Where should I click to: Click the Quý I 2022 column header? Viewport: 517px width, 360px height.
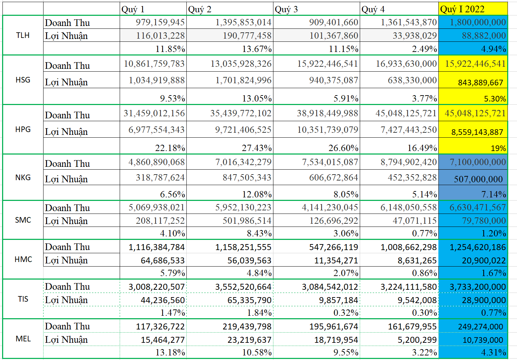tap(473, 9)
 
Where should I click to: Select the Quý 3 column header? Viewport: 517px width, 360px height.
tap(316, 9)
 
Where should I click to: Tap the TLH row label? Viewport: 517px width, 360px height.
tap(23, 35)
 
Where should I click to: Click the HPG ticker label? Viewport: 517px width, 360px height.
tap(23, 129)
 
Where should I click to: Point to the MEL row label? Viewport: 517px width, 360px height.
tap(23, 339)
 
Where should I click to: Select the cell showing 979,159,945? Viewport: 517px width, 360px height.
tap(153, 22)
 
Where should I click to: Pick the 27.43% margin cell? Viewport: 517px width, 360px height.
tap(230, 148)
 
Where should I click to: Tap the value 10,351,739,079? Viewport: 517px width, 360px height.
tap(317, 130)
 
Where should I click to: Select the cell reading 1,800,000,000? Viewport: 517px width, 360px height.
tap(473, 22)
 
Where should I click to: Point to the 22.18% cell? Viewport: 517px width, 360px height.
tap(153, 148)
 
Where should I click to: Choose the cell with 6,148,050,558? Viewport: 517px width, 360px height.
tap(399, 208)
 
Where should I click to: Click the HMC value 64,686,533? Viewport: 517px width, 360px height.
tap(153, 260)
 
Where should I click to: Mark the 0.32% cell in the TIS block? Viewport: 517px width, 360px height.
tap(317, 313)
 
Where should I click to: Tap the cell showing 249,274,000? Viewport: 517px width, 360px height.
tap(473, 327)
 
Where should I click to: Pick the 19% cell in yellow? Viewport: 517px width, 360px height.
tap(473, 148)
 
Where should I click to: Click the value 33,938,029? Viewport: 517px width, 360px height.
tap(399, 35)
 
